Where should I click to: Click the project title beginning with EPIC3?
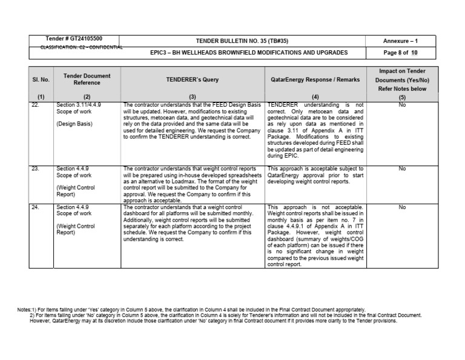[x=249, y=53]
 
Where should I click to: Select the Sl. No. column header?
[x=41, y=79]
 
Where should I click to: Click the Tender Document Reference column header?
[x=87, y=79]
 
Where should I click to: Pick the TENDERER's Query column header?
[x=193, y=79]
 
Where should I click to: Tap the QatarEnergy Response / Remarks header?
[x=314, y=79]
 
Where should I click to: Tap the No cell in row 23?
[x=402, y=169]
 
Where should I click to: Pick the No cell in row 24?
[x=402, y=207]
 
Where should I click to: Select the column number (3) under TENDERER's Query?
[x=193, y=97]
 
